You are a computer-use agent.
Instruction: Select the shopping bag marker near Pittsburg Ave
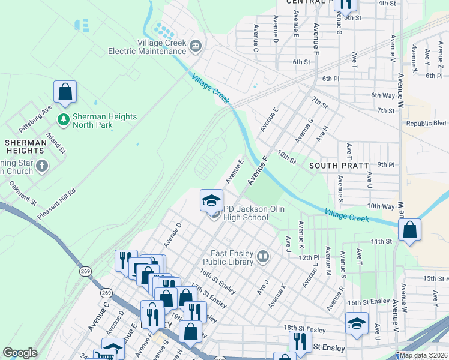(x=65, y=92)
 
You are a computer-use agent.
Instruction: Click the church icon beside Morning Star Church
(x=41, y=166)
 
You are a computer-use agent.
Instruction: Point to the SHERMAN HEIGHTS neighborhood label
(x=25, y=146)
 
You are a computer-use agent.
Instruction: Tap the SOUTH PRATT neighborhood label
(x=334, y=164)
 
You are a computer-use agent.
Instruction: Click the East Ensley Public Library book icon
(x=263, y=257)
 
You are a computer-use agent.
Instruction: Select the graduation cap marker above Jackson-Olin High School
(x=211, y=200)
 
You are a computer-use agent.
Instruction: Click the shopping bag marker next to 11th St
(x=409, y=230)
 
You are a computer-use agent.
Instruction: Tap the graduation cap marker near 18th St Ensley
(x=357, y=323)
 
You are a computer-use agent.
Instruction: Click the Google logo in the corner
(x=20, y=353)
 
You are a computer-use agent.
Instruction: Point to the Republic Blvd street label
(x=426, y=124)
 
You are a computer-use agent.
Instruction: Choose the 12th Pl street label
(x=309, y=257)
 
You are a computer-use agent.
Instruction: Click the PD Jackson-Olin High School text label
(x=246, y=213)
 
